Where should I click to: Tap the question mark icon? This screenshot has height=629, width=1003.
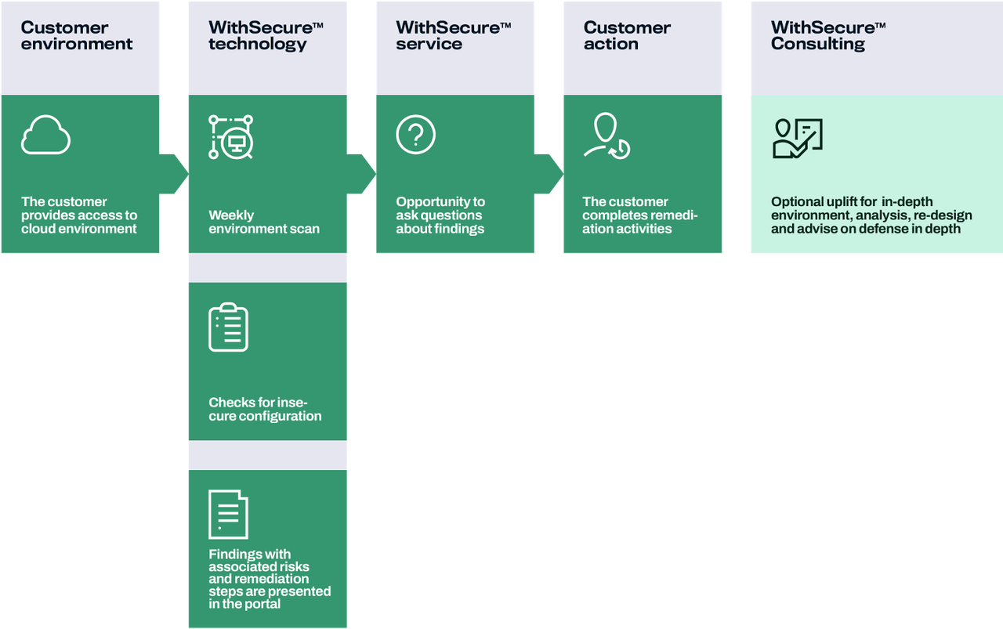click(x=415, y=135)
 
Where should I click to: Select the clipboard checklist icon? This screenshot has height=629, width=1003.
click(x=228, y=327)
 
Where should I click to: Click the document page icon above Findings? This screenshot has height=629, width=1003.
click(x=228, y=515)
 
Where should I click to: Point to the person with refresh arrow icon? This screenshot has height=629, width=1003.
click(x=607, y=136)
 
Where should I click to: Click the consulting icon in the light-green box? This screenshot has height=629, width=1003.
click(x=796, y=139)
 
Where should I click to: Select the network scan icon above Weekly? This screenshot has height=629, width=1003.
click(x=230, y=136)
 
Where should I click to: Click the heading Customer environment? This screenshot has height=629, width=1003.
click(x=76, y=36)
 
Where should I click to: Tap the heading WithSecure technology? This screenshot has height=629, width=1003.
click(x=265, y=36)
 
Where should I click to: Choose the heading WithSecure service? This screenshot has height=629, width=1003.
click(x=452, y=36)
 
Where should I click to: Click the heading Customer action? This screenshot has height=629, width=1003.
click(x=626, y=36)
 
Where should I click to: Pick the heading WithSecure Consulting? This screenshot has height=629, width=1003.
click(x=827, y=36)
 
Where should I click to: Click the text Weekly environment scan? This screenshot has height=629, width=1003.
click(x=263, y=222)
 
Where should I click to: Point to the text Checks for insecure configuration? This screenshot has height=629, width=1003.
click(x=264, y=409)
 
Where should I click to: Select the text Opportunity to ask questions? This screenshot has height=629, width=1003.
click(x=440, y=215)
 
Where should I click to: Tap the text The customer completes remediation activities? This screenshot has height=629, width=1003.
click(x=639, y=215)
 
